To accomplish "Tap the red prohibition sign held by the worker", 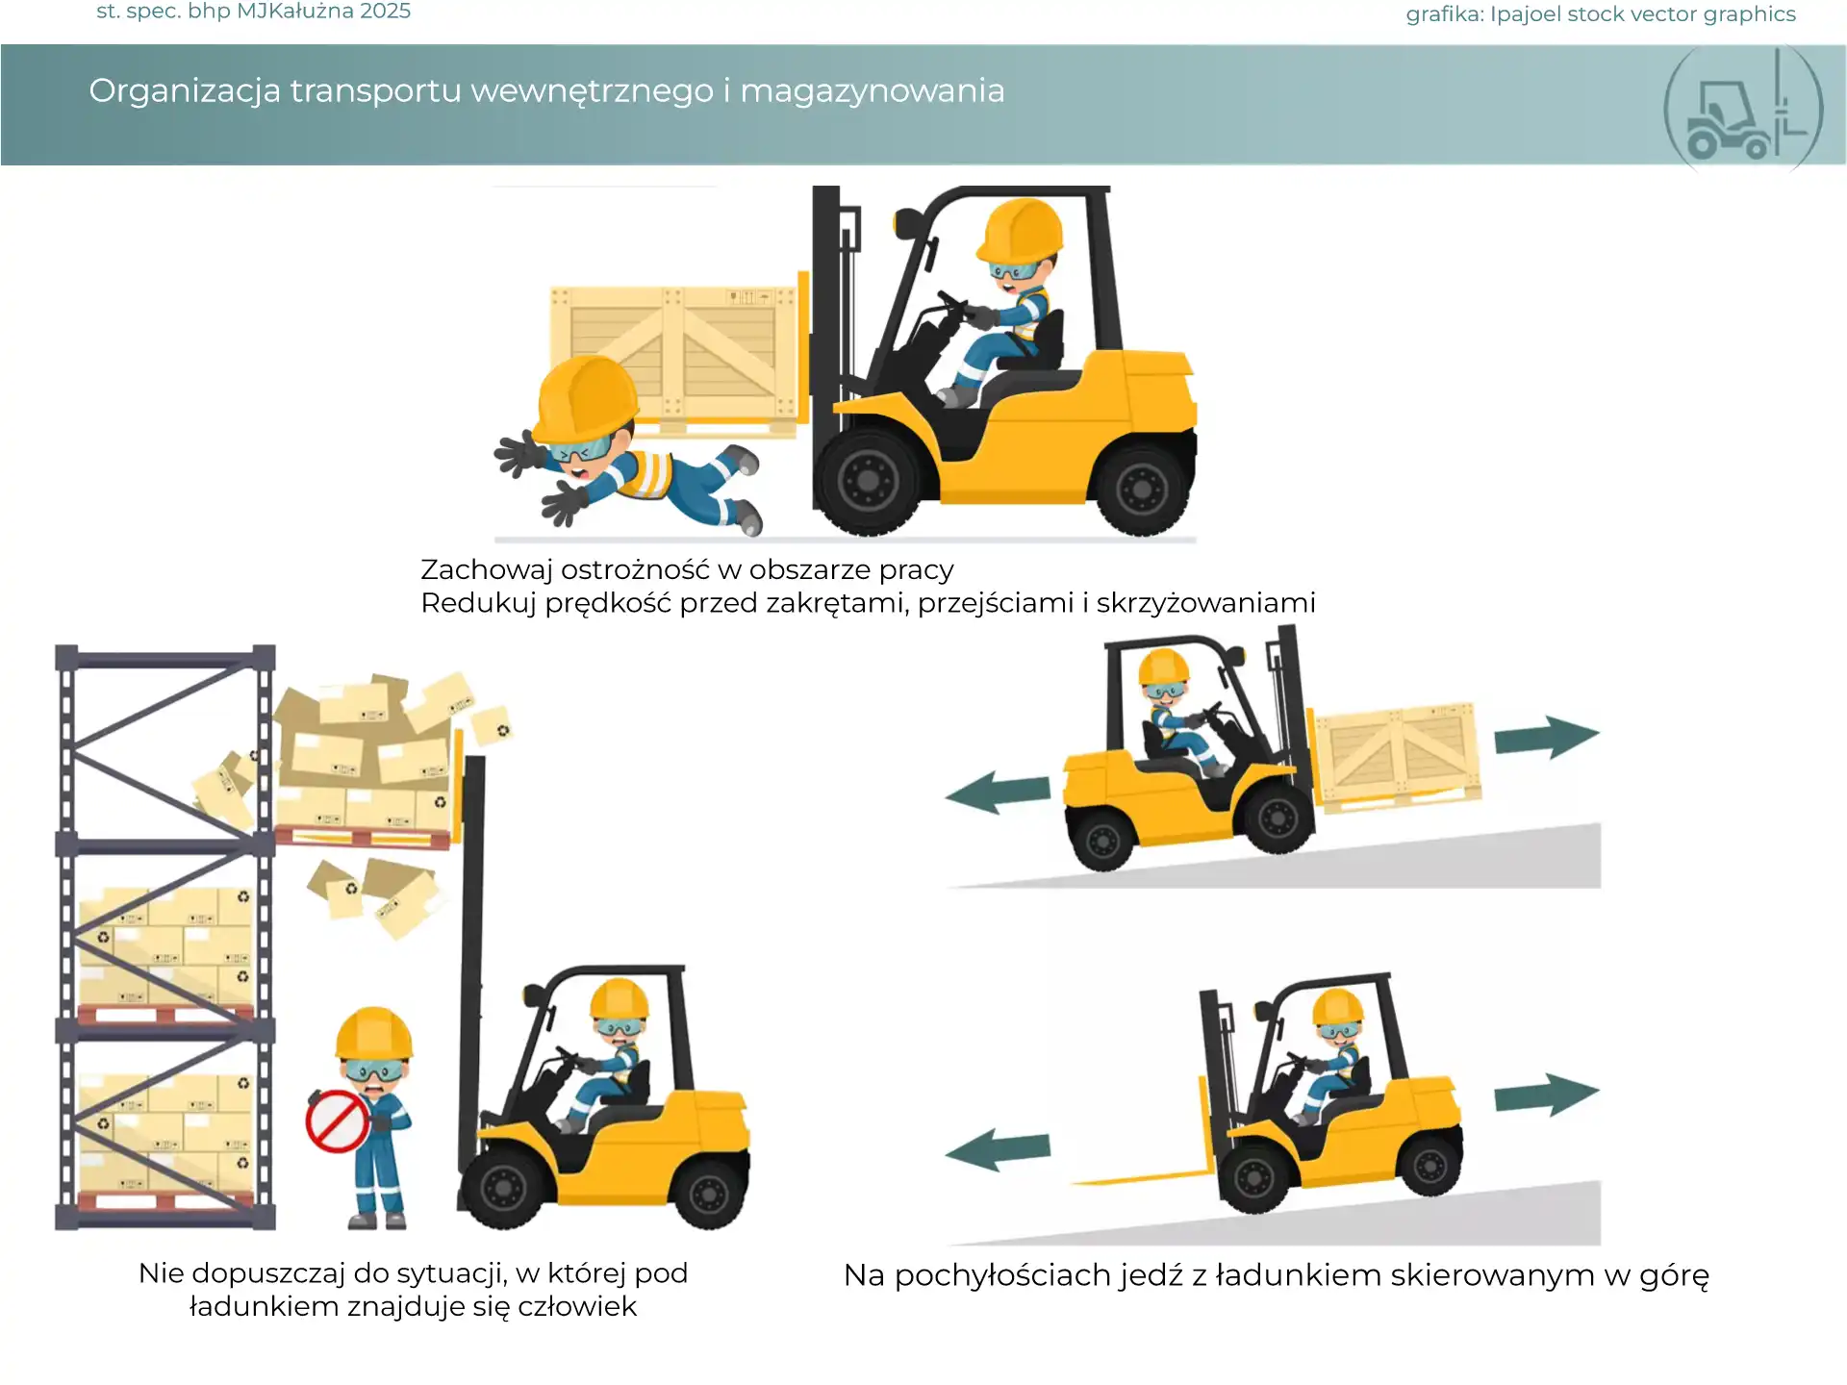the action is (337, 1121).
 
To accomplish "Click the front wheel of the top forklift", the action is (868, 479).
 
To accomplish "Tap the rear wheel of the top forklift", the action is (1142, 488).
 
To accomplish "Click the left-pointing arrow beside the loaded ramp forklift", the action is (998, 793).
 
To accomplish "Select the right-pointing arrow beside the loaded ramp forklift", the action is (1547, 738).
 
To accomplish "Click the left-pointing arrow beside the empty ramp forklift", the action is (998, 1149).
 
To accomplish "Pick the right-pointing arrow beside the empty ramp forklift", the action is (1547, 1095).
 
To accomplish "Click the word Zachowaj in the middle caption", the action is (487, 570).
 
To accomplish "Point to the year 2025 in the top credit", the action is (385, 12).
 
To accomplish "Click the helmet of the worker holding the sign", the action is (374, 1033).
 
